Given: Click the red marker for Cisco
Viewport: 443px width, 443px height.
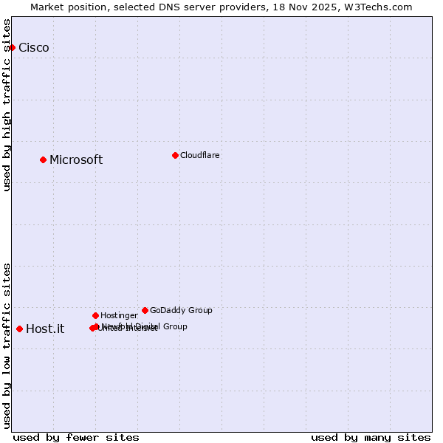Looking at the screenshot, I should click(12, 47).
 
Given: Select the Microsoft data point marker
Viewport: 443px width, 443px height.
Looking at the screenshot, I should click(43, 159).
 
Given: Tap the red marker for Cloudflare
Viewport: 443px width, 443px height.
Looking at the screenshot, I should click(175, 155).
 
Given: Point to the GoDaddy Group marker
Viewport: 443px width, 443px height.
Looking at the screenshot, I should click(145, 310).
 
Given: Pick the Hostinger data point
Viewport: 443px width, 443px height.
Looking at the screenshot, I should click(95, 315).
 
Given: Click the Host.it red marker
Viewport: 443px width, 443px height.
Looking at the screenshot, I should click(19, 329).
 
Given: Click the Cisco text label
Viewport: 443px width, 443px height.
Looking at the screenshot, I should click(34, 48).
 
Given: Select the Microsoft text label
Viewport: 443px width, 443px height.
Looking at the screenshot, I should click(76, 160).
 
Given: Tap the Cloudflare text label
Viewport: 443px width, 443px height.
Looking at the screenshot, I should click(200, 155).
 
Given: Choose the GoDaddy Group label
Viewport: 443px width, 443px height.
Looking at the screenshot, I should click(181, 310).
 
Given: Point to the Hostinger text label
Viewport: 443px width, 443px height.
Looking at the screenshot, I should click(119, 315).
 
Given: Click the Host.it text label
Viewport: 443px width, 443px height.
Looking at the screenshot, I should click(45, 329).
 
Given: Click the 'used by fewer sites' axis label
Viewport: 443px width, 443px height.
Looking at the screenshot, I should click(76, 437).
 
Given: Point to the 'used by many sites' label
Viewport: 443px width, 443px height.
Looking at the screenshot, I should click(371, 437).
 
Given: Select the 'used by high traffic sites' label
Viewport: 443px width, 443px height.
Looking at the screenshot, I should click(7, 105).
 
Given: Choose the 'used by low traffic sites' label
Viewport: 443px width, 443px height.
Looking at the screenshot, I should click(7, 346).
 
